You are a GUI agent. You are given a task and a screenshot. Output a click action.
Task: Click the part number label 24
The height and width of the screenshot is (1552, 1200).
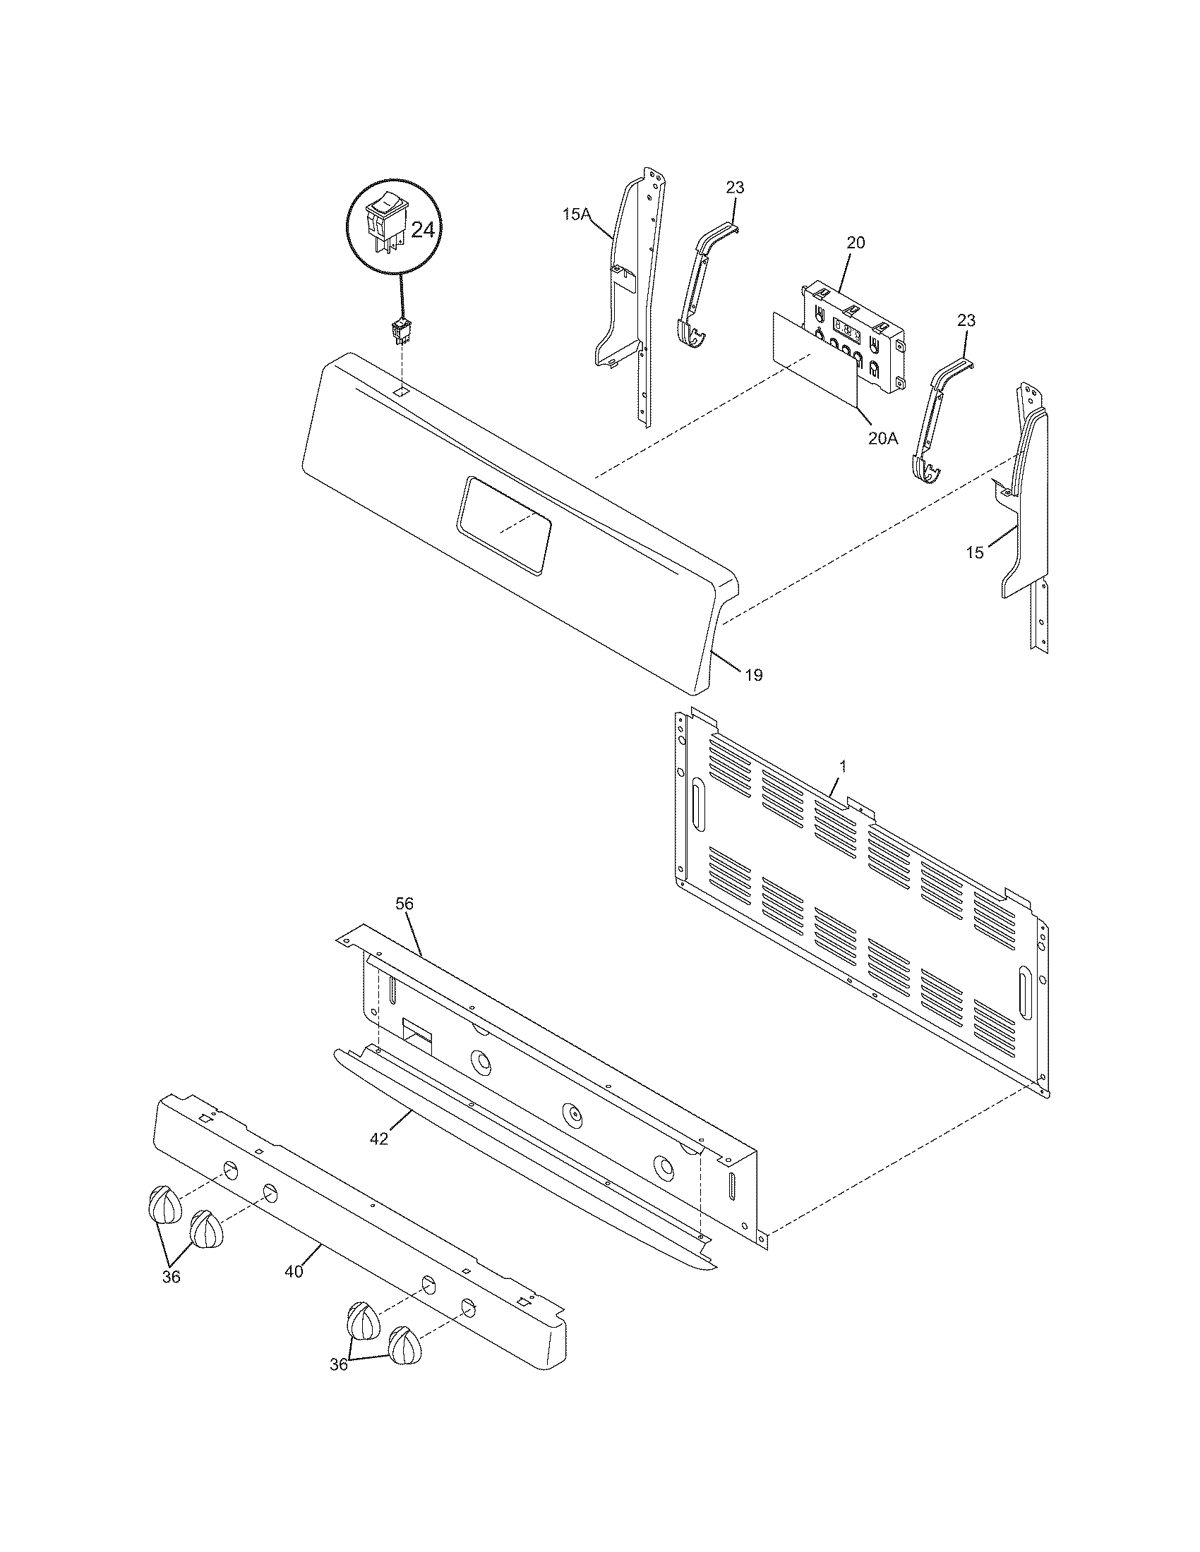(x=422, y=231)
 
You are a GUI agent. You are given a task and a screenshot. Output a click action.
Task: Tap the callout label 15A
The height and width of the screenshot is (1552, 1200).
(x=577, y=213)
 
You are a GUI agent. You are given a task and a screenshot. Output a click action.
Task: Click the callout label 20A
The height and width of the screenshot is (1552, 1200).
(x=883, y=439)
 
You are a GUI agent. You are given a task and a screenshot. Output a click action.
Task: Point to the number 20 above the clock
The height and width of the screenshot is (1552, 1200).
(x=856, y=242)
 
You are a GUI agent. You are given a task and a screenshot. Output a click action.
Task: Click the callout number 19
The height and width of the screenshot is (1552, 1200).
(x=754, y=675)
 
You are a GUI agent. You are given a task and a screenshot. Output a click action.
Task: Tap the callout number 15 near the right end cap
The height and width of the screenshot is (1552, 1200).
(x=975, y=552)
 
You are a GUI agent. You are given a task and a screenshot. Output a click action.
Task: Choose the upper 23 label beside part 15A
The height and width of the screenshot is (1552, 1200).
(x=735, y=188)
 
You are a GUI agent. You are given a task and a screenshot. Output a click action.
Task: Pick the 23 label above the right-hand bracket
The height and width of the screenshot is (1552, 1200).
(x=966, y=320)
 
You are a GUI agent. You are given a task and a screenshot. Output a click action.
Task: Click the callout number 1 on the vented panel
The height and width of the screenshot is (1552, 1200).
(x=843, y=767)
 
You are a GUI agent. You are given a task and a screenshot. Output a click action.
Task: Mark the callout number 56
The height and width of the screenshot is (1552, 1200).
(x=404, y=904)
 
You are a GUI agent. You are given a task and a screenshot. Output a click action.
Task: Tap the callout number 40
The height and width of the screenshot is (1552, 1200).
(x=294, y=1271)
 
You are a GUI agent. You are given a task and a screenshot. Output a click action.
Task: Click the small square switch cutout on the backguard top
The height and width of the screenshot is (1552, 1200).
(x=402, y=392)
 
